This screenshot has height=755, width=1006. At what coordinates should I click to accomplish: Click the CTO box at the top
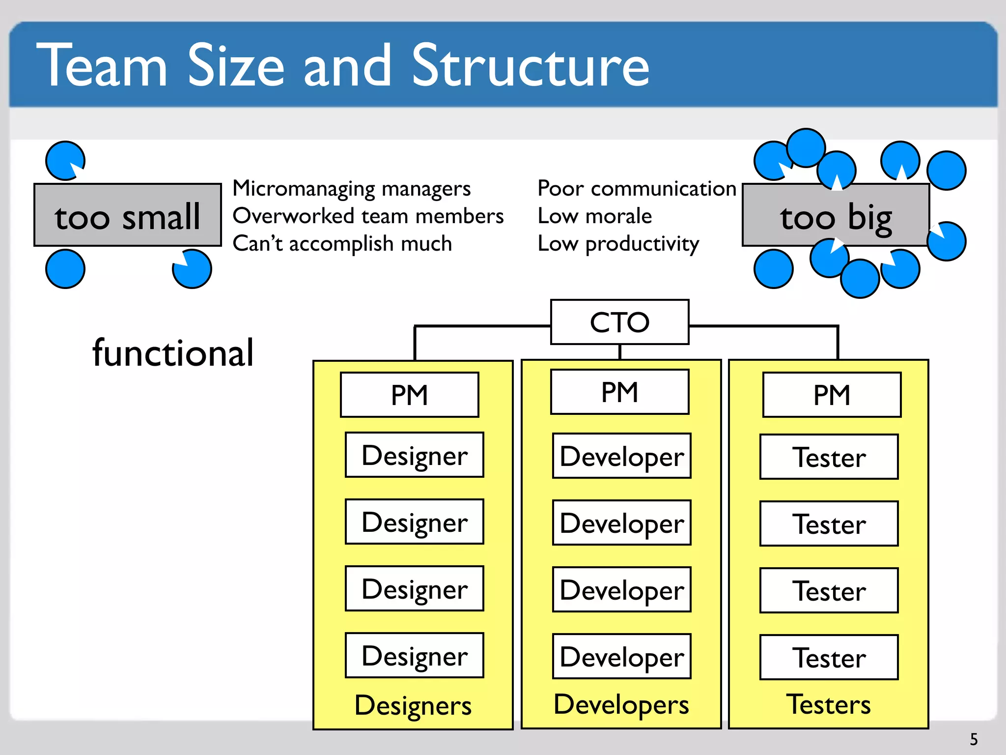(x=619, y=322)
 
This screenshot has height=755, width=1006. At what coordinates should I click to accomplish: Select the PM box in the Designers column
(x=409, y=395)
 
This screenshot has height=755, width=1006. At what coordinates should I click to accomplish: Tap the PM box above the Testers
(x=831, y=395)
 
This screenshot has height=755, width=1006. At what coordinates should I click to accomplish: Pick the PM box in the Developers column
(x=619, y=392)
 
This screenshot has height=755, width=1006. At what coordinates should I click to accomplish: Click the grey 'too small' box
(x=127, y=215)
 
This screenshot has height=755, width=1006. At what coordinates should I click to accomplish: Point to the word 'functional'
(x=173, y=353)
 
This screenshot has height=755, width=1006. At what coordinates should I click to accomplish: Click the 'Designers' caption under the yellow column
(x=413, y=705)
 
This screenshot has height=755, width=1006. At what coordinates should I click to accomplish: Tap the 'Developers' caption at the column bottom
(x=621, y=704)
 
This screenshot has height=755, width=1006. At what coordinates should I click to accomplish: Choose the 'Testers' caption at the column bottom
(x=828, y=704)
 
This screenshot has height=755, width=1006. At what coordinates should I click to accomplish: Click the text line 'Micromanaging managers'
(x=351, y=189)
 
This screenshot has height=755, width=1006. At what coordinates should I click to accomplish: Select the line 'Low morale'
(x=594, y=216)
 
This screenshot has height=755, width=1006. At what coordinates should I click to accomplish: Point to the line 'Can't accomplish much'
(x=342, y=243)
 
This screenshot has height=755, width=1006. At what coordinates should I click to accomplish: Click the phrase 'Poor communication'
(x=637, y=189)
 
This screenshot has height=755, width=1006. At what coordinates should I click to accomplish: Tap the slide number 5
(x=974, y=739)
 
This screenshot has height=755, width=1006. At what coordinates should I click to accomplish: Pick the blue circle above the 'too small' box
(x=65, y=161)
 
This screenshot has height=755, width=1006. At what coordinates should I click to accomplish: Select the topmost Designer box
(x=414, y=455)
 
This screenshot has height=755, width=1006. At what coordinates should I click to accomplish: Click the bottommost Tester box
(x=829, y=657)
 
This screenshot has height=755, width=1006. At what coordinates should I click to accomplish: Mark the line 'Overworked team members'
(x=368, y=216)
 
